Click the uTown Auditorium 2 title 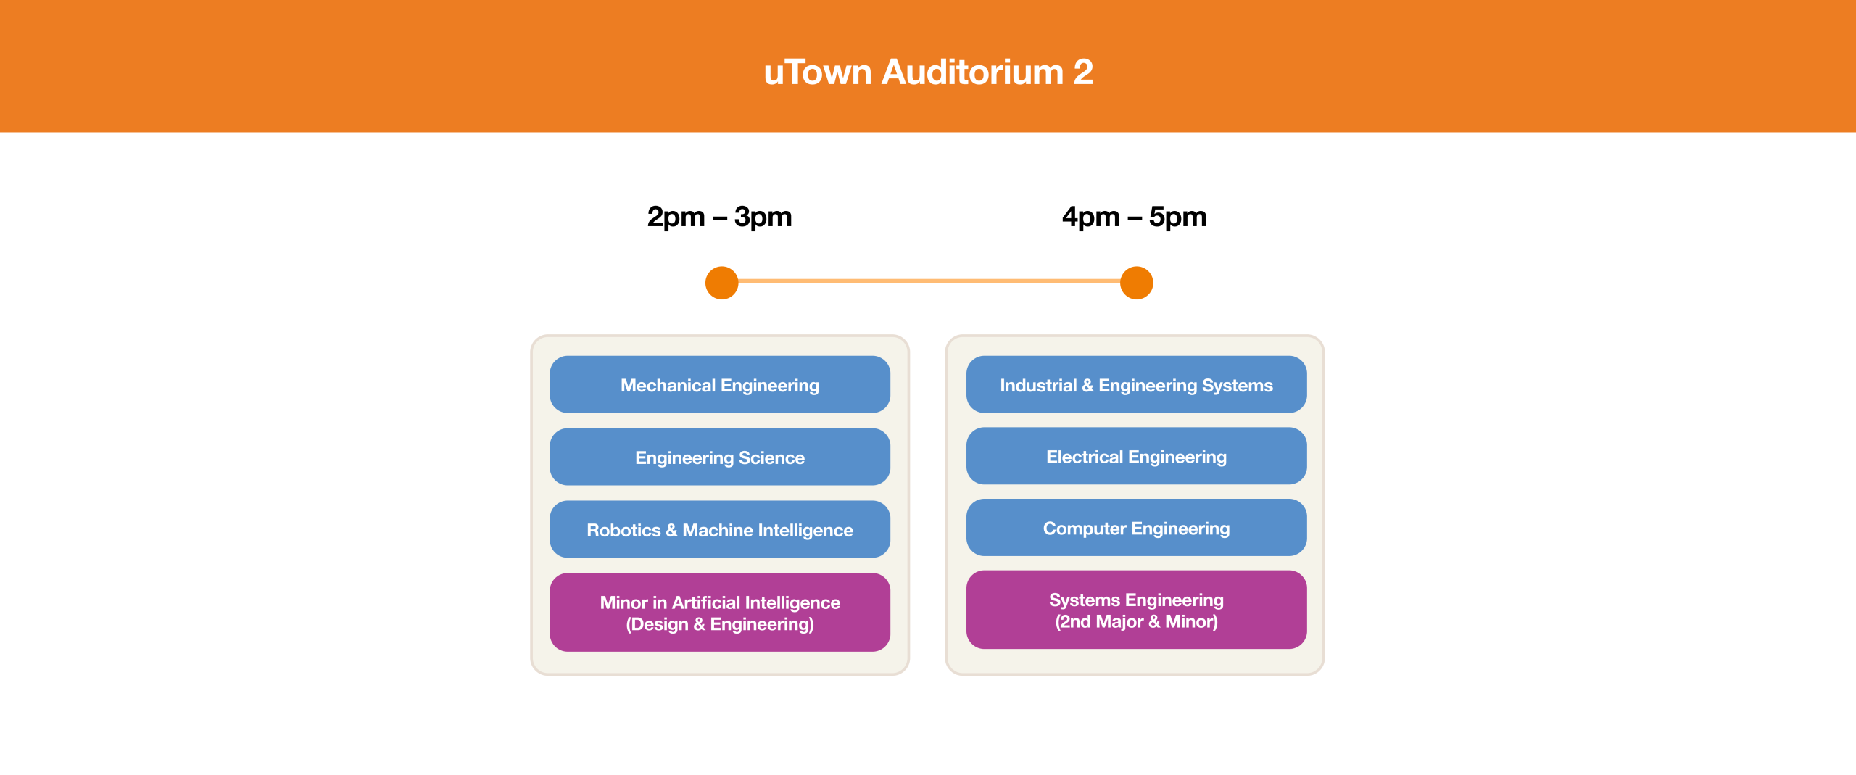(x=928, y=72)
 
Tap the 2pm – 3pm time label (x=719, y=217)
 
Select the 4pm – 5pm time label (x=1135, y=217)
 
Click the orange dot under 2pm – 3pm (x=722, y=283)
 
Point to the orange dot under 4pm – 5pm (x=1137, y=283)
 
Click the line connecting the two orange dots (x=929, y=281)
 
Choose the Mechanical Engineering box (x=720, y=384)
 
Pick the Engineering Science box (x=720, y=457)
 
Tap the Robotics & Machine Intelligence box (x=720, y=529)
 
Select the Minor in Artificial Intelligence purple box (x=720, y=613)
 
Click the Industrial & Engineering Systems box (x=1137, y=384)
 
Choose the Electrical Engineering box (x=1137, y=456)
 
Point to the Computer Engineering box (x=1137, y=528)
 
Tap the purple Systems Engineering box (x=1137, y=610)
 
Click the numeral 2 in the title (x=1083, y=72)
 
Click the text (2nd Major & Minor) (x=1137, y=622)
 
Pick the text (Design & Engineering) (x=720, y=625)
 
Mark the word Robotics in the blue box (x=623, y=531)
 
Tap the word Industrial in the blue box (x=1038, y=386)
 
